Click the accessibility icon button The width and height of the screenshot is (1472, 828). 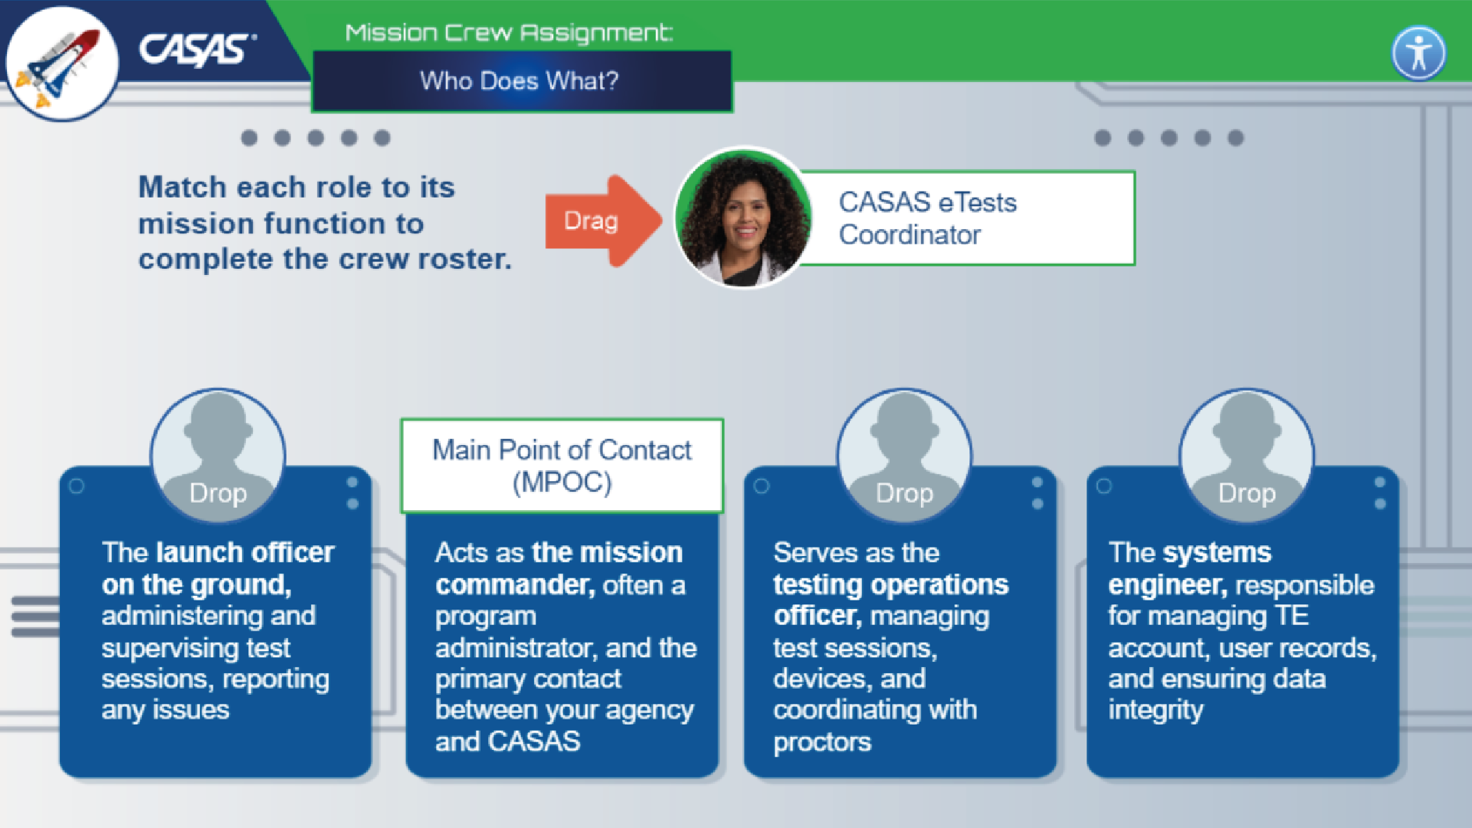pos(1418,53)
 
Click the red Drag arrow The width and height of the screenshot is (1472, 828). pos(602,221)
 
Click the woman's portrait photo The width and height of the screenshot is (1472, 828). pos(742,218)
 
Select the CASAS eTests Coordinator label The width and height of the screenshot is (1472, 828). pos(965,218)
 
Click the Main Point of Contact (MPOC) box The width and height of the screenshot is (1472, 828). pos(562,466)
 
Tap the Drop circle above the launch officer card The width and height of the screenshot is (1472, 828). pos(218,457)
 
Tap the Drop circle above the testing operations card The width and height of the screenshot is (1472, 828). pos(904,457)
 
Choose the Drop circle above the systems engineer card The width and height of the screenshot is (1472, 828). pos(1247,457)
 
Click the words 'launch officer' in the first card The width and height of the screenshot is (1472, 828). pos(245,552)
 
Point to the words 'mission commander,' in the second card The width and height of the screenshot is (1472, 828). pos(559,568)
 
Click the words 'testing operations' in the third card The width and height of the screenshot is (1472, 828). pos(890,585)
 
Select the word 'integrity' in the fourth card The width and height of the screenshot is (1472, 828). pos(1156,710)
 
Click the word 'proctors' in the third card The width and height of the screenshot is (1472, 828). pos(822,742)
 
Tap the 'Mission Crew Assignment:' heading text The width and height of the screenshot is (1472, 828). pos(509,33)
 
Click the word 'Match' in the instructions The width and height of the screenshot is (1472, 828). pos(182,188)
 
